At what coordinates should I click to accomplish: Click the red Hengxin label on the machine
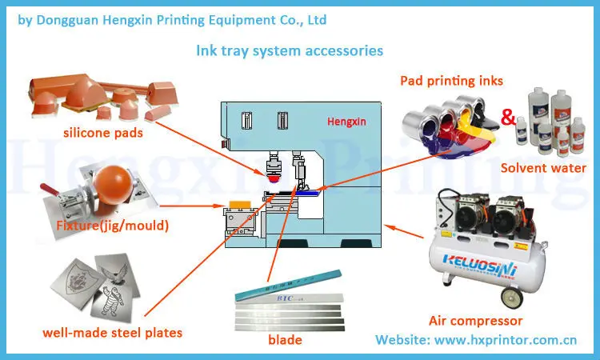(346, 122)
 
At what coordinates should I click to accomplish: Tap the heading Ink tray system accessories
(290, 50)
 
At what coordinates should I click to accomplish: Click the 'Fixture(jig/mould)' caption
(113, 226)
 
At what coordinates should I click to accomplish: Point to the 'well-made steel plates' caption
(113, 332)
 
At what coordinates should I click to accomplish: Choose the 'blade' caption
(286, 340)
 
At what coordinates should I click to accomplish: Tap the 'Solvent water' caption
(543, 168)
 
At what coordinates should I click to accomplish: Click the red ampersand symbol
(507, 119)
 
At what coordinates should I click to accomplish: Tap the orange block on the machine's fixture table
(238, 205)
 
